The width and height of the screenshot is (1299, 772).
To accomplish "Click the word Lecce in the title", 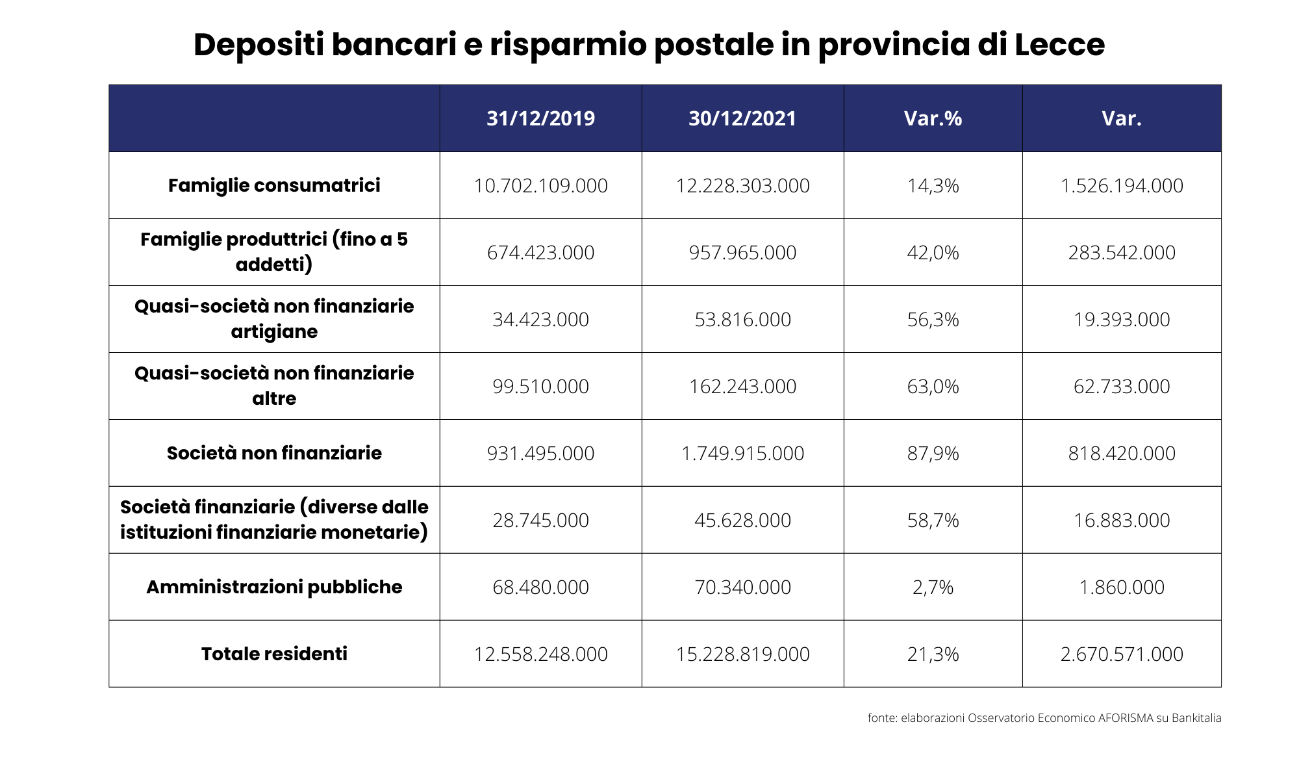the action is [x=1059, y=45].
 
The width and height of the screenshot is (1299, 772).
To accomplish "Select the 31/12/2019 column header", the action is [x=540, y=118].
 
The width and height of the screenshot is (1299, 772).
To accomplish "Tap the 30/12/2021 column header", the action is [x=742, y=118].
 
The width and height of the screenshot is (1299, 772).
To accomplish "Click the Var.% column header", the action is [x=933, y=118].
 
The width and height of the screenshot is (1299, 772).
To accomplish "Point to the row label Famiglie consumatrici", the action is [x=274, y=186].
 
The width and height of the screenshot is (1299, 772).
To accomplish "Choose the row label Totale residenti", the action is [x=274, y=654].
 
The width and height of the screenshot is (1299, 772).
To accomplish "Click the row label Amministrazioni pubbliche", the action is [x=274, y=587].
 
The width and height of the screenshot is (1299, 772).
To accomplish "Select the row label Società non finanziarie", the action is [x=274, y=453].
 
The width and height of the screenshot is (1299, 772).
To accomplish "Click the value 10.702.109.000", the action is [x=540, y=186].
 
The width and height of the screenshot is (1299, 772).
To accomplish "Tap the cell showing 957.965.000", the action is [x=742, y=253].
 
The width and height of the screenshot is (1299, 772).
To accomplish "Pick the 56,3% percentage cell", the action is [x=933, y=320].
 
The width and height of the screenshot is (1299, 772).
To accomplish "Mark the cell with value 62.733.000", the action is [x=1122, y=387].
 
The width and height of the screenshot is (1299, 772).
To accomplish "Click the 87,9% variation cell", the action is [x=933, y=454].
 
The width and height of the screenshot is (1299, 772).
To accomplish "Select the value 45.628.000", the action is [x=742, y=521].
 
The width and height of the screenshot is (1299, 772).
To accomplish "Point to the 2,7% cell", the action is [x=933, y=587].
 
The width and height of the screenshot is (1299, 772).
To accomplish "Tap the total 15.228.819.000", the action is [x=742, y=654].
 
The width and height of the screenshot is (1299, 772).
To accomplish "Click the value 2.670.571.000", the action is [x=1122, y=654].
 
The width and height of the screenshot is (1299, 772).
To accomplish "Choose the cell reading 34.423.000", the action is [x=540, y=320].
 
